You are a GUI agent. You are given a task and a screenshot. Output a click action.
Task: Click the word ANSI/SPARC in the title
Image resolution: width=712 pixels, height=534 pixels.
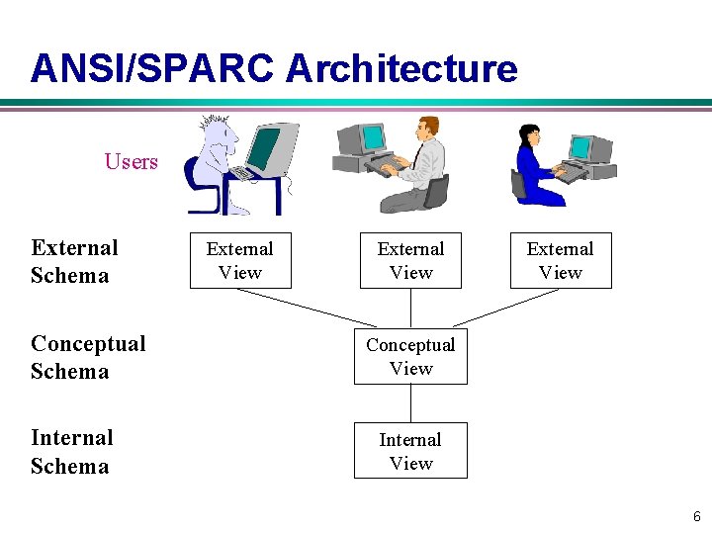point(153,68)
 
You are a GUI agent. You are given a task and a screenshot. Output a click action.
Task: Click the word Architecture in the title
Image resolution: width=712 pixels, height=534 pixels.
point(401,68)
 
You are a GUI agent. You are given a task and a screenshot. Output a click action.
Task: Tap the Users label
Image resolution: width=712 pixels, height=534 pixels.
point(131,161)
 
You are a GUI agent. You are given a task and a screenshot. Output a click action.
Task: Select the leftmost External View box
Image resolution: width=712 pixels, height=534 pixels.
point(240,261)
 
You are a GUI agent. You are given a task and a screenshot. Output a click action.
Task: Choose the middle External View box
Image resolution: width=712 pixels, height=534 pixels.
point(410,261)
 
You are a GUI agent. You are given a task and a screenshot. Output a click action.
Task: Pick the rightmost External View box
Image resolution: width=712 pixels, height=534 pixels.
point(561,261)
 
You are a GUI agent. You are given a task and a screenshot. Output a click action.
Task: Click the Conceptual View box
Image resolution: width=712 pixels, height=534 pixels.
point(410,356)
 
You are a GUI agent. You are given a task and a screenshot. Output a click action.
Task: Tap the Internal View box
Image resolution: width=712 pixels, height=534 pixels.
point(410,451)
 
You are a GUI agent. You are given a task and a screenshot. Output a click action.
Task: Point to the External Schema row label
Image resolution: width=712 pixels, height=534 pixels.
point(73,261)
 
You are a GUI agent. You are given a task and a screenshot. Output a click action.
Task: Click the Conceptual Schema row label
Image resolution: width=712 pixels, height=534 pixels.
point(87,357)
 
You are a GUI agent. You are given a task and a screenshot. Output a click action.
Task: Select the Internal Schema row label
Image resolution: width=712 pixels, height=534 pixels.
point(71,451)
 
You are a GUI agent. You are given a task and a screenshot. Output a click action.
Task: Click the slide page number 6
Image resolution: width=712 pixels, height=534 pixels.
point(696,516)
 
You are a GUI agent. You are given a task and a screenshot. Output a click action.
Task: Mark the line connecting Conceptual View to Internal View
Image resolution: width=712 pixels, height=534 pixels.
point(410,403)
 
